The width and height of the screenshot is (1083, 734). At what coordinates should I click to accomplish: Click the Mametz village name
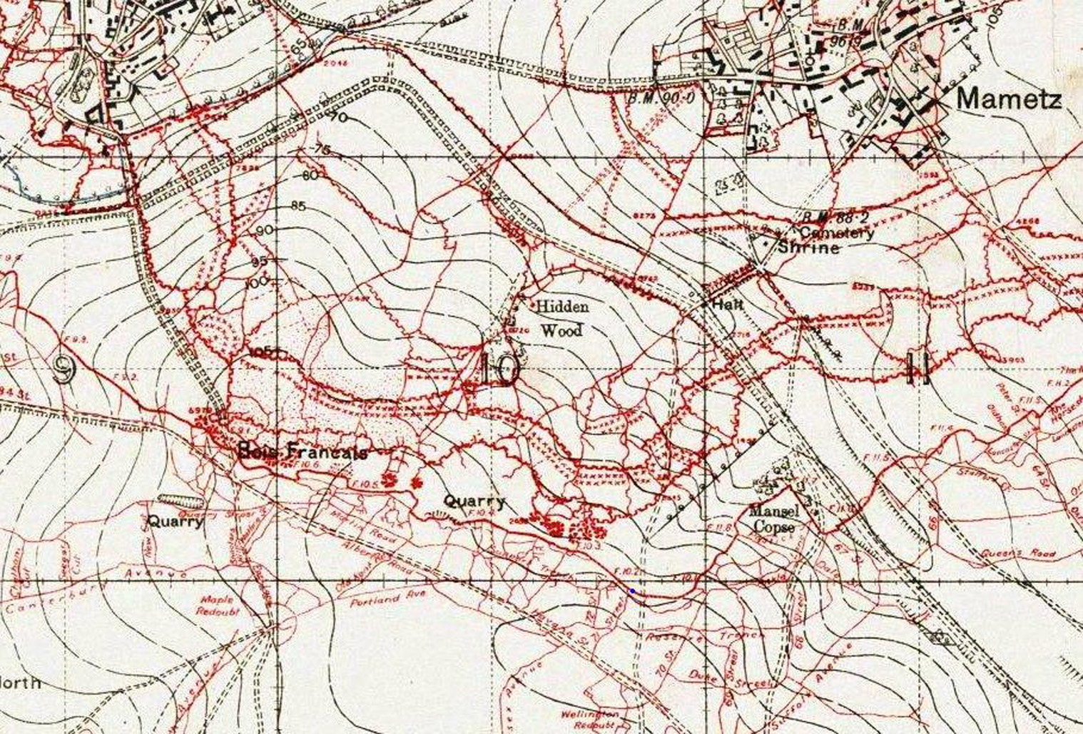point(1008,98)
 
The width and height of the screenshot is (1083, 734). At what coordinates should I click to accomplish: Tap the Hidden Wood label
point(561,318)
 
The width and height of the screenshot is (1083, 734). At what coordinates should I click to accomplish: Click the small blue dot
point(632,591)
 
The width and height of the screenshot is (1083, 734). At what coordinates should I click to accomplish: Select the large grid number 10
point(500,368)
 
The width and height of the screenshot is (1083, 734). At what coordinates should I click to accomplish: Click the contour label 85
point(298,207)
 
